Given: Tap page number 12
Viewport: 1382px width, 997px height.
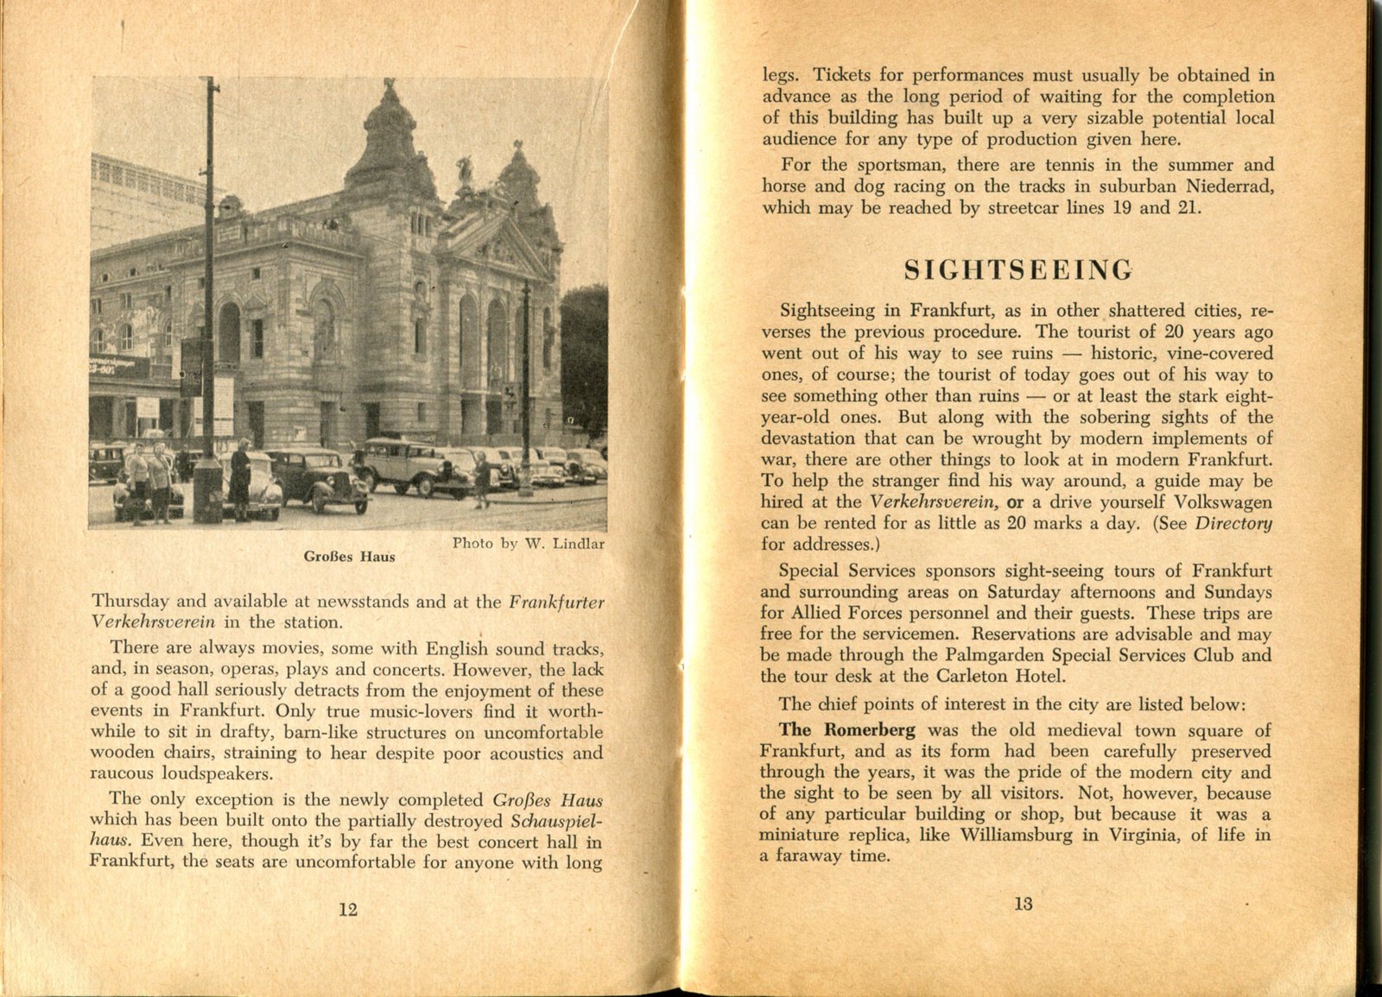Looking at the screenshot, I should click(x=348, y=909).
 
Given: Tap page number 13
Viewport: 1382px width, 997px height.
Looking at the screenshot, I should click(x=1024, y=904).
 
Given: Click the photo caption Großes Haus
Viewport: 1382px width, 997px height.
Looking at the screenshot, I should click(x=349, y=557).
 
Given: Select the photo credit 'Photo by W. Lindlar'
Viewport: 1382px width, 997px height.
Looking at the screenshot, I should click(x=528, y=544).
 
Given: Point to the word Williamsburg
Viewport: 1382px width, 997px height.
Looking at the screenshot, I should click(x=1016, y=835).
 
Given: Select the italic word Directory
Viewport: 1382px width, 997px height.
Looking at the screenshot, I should click(x=1233, y=523).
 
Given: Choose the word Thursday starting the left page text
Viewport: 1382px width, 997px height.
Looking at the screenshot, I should click(x=130, y=601).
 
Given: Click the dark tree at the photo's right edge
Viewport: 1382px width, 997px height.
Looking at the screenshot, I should click(x=585, y=354).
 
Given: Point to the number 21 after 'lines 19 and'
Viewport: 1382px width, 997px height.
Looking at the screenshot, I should click(x=1188, y=208).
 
